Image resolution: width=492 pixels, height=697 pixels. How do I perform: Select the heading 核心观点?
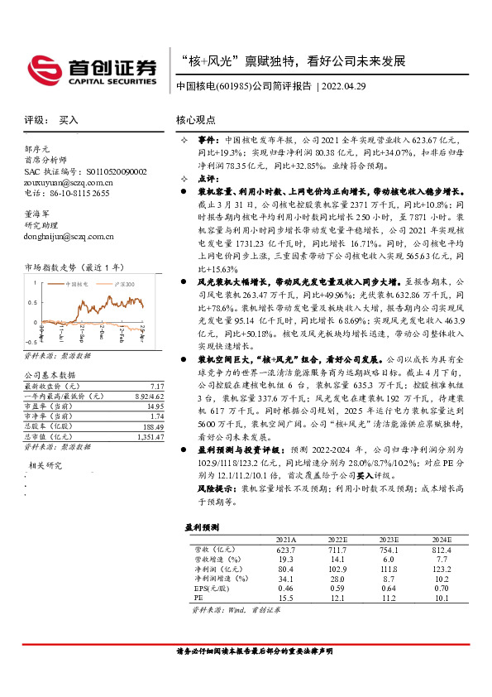coord(196,120)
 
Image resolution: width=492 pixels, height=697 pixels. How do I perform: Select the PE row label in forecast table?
coord(198,597)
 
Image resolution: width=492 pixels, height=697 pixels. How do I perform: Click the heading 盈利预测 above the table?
coord(201,526)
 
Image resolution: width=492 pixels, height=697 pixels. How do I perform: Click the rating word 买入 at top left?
coord(69,120)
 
